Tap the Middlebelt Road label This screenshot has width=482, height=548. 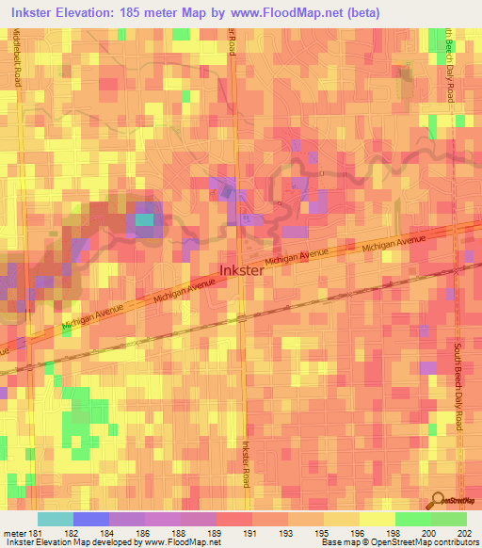tap(17, 58)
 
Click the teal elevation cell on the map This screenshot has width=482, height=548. tap(144, 220)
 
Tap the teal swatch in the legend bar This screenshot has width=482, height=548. tap(55, 519)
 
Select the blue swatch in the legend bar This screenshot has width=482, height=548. tap(90, 519)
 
